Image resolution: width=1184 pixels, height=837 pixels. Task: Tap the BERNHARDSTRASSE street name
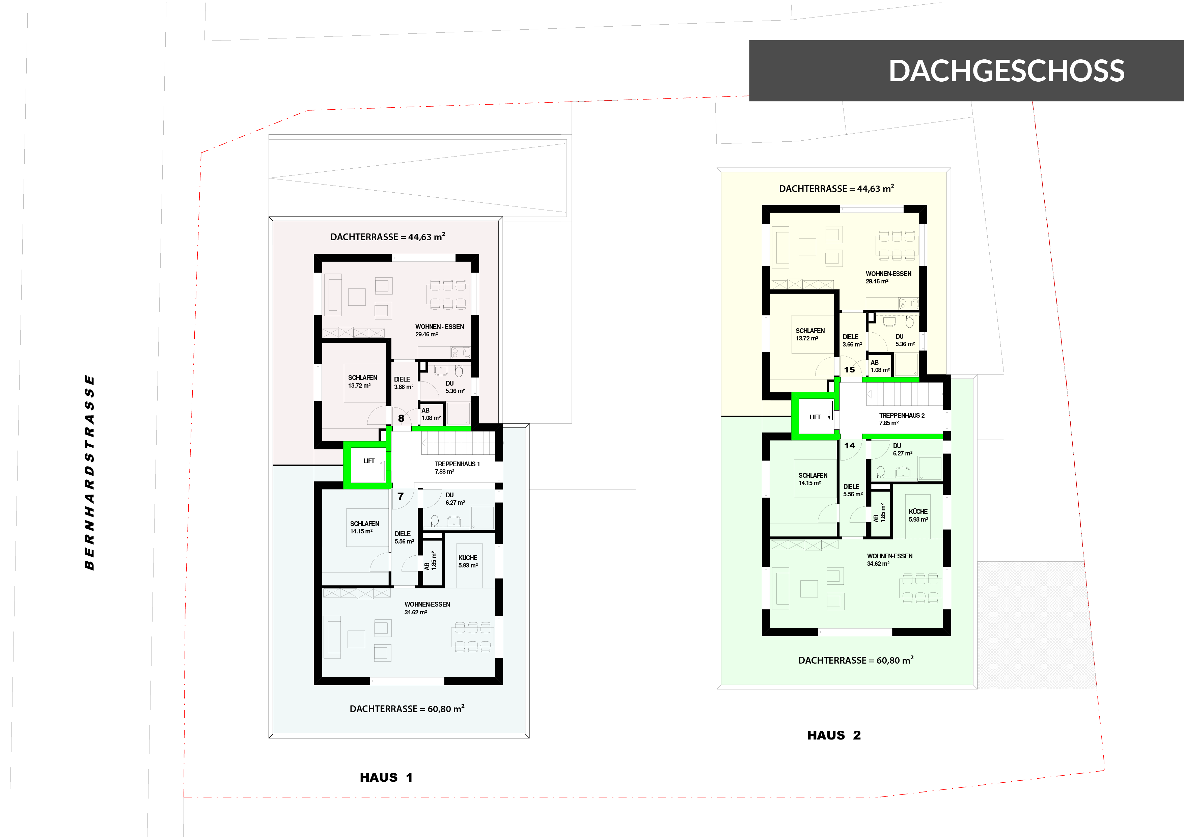(x=90, y=472)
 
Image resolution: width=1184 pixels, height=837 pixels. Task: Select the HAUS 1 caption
(x=386, y=777)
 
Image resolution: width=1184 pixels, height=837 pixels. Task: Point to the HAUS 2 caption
(x=834, y=735)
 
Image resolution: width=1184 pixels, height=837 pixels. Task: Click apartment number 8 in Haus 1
(x=401, y=418)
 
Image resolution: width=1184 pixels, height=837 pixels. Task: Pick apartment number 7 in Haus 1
(x=401, y=496)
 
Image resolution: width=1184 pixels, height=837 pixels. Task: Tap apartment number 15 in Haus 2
(x=849, y=370)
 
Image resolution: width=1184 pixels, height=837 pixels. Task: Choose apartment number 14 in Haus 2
(x=849, y=446)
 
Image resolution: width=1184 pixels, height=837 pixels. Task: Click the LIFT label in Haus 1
(x=369, y=461)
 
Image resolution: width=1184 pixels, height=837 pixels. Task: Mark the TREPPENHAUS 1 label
(x=457, y=468)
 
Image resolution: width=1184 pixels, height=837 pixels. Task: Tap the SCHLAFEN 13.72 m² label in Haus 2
(x=810, y=335)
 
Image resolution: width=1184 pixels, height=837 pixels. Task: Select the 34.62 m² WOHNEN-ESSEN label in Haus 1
(x=427, y=608)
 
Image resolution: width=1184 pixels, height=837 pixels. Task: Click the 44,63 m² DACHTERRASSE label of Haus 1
(x=388, y=237)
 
